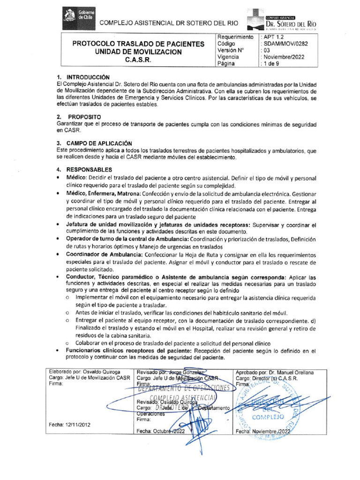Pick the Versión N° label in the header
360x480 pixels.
[x=231, y=50]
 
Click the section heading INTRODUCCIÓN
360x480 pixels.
[x=88, y=76]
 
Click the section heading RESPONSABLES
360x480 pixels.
[x=89, y=169]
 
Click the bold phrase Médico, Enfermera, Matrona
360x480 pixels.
[x=106, y=194]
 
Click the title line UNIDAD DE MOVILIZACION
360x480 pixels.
[x=138, y=52]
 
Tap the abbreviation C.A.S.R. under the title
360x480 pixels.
[x=138, y=60]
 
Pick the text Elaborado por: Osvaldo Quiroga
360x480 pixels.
[x=84, y=372]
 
